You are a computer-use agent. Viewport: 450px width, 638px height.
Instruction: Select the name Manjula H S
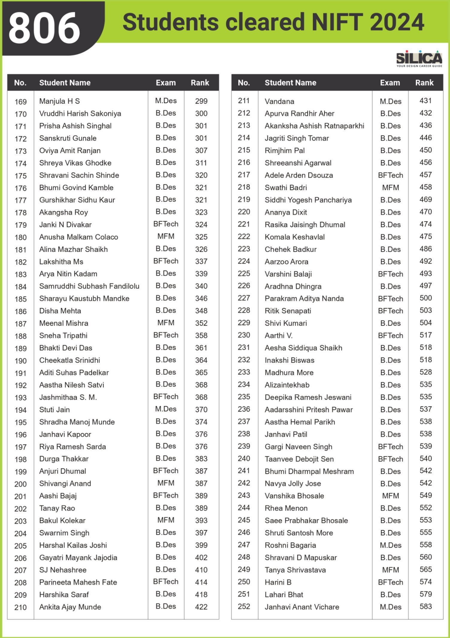(59, 101)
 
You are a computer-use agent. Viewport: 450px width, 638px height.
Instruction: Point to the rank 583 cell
(425, 606)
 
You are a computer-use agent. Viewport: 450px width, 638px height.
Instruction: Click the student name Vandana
(279, 101)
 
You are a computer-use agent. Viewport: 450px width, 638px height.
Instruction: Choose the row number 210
(20, 607)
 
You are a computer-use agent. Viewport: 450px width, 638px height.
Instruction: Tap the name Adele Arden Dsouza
(299, 175)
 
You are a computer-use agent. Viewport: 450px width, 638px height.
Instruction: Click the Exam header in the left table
(166, 83)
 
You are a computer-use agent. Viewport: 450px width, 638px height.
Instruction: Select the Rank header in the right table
(424, 83)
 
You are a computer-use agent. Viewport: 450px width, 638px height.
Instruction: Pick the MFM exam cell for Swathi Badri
(390, 188)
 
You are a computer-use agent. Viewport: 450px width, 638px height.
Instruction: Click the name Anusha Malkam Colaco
(78, 237)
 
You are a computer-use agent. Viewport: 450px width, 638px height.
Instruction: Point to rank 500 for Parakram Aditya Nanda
(425, 298)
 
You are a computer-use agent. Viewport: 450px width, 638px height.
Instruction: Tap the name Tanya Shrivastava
(295, 570)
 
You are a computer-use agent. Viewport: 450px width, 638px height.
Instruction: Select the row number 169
(20, 102)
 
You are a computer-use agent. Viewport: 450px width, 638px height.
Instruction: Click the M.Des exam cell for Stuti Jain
(166, 409)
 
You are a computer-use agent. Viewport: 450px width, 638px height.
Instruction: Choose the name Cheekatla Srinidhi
(70, 360)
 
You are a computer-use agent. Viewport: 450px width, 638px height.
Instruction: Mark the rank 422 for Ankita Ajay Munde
(201, 607)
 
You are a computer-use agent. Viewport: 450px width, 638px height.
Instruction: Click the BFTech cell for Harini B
(390, 582)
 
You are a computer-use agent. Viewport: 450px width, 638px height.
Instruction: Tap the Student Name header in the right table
(290, 83)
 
